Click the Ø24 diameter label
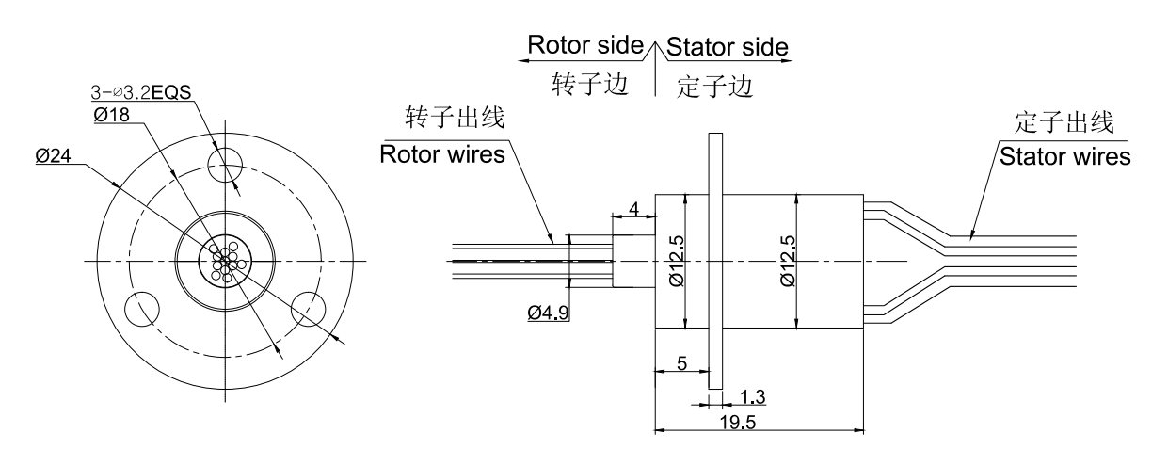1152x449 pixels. (x=54, y=158)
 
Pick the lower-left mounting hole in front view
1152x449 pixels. (x=146, y=310)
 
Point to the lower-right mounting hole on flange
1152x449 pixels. (x=310, y=310)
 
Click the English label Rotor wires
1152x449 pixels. (x=441, y=153)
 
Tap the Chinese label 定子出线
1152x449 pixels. (x=1064, y=122)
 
